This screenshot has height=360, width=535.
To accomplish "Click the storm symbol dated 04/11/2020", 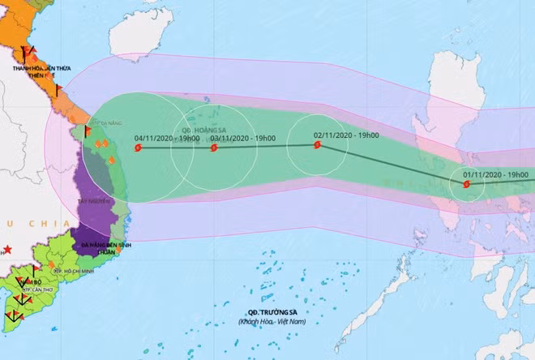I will tap(139, 148).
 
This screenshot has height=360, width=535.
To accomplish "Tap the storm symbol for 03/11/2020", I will tap(214, 148).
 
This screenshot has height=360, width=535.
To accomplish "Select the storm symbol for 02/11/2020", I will tap(316, 146).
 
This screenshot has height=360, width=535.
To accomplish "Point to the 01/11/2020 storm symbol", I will tap(466, 184).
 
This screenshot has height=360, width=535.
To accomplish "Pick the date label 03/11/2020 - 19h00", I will tap(243, 138).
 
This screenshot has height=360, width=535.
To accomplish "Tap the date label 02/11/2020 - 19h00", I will tap(346, 135).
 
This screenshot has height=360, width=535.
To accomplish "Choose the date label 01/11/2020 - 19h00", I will tap(496, 174).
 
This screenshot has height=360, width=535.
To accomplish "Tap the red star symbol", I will tap(7, 249).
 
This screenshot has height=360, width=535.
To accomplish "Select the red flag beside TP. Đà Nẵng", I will tap(88, 130).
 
